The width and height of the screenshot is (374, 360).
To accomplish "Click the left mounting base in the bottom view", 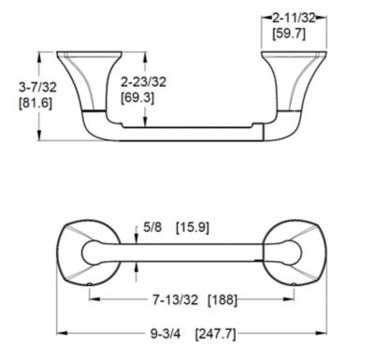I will pos(87,252).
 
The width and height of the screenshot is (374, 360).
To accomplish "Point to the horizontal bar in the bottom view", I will pos(187,252).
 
